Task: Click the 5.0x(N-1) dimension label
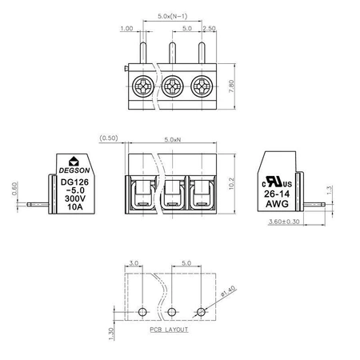click(173, 16)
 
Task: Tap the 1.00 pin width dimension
click(126, 28)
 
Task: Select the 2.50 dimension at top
click(209, 28)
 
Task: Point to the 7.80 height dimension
click(231, 86)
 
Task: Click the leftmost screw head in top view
click(143, 86)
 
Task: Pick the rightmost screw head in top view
click(202, 86)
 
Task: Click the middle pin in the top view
click(173, 53)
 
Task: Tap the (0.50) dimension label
click(109, 138)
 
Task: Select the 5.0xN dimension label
click(173, 139)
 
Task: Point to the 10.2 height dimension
click(231, 183)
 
